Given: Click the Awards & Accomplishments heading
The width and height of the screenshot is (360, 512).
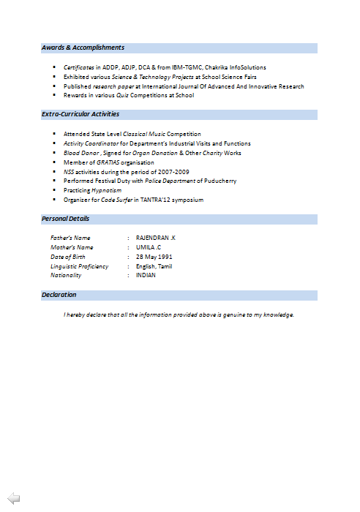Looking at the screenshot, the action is click(83, 48).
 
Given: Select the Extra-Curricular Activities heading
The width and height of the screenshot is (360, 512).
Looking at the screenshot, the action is click(80, 114).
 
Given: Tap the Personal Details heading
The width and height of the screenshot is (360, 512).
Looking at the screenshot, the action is click(66, 219).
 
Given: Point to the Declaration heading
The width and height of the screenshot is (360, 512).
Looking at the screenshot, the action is click(59, 295).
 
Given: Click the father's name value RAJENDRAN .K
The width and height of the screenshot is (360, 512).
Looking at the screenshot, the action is click(156, 238).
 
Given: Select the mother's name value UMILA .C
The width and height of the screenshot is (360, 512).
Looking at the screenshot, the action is click(149, 247).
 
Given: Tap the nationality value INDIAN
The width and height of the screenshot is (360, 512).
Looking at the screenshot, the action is click(146, 276).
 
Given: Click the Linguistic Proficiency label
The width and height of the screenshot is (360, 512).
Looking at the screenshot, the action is click(79, 266).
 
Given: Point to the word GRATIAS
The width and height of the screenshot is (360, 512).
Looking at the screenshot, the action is click(108, 162).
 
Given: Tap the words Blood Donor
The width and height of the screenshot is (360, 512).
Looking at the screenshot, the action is click(80, 153).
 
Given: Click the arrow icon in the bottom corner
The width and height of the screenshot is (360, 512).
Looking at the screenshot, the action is click(13, 498).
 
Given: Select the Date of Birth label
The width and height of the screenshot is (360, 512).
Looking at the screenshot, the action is click(68, 257).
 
